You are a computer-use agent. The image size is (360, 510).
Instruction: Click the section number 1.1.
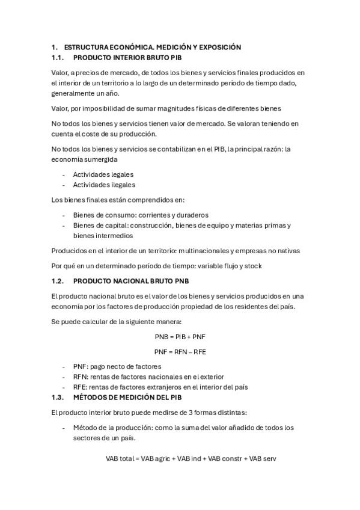coord(58,58)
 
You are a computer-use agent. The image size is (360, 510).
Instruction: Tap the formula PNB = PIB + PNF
coord(180,336)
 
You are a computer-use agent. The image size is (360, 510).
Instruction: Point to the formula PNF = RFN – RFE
coord(180,351)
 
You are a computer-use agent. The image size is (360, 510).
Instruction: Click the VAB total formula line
coord(190,458)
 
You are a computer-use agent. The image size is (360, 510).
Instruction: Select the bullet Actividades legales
coord(103,174)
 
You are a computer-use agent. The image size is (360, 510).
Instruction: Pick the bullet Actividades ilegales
coord(104,185)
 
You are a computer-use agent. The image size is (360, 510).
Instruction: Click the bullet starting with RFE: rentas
coord(160,387)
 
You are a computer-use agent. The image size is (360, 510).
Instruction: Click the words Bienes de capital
coord(99,225)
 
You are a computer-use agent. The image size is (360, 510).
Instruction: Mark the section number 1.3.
coord(58,398)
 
